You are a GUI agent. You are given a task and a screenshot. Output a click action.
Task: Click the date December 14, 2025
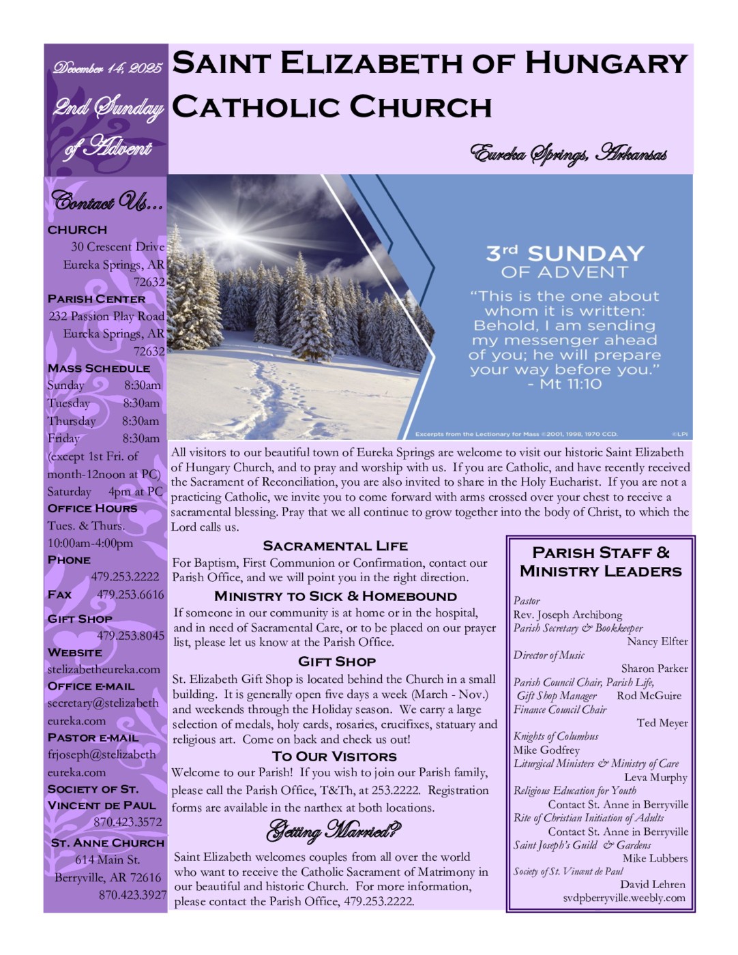click(x=107, y=68)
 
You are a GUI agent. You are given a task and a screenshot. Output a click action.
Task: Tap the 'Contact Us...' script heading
click(x=107, y=202)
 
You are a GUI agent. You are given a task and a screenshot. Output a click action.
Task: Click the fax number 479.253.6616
click(x=130, y=594)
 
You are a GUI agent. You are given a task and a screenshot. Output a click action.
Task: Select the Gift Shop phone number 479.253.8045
click(x=130, y=635)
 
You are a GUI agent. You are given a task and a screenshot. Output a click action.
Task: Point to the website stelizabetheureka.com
click(x=104, y=669)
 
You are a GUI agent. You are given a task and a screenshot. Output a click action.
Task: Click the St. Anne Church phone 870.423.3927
click(x=132, y=894)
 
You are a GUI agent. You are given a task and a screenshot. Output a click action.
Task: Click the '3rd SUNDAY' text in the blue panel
click(x=565, y=254)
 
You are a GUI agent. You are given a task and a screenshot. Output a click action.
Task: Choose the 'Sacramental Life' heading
click(x=335, y=546)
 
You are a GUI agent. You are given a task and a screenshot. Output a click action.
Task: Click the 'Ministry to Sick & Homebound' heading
click(x=335, y=596)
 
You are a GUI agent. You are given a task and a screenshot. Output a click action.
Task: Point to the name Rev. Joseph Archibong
click(x=567, y=615)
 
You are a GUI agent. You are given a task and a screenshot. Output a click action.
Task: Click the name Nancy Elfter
click(x=658, y=641)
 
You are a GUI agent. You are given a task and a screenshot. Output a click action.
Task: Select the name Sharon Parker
click(x=654, y=668)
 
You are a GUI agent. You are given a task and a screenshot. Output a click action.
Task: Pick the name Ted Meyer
click(x=662, y=722)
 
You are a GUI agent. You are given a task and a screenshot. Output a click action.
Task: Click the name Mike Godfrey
click(x=546, y=750)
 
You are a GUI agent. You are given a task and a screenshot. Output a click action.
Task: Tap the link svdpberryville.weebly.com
click(x=623, y=898)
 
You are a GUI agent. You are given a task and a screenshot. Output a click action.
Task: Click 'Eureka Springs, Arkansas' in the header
click(x=568, y=154)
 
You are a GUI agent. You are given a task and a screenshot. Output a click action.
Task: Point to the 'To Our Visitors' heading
click(x=334, y=756)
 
